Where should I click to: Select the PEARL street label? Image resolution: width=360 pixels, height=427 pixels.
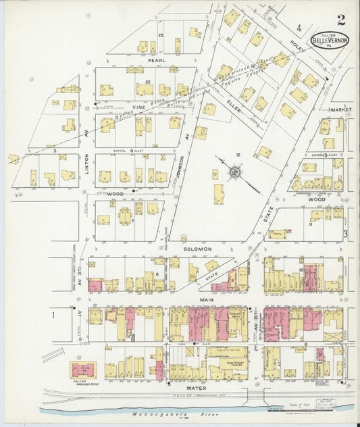157,59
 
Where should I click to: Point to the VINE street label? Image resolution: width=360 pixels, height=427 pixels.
139,107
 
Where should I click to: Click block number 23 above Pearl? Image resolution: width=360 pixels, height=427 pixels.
161,35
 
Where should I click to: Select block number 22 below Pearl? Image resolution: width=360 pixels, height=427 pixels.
146,82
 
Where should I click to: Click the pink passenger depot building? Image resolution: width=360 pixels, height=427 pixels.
83,370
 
